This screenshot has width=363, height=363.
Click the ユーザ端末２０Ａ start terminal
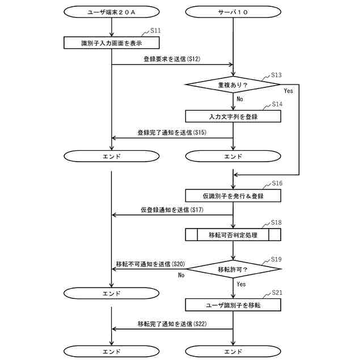[x=111, y=11]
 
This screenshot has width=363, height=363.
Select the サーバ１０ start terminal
[x=233, y=11]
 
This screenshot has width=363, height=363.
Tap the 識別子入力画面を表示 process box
[x=111, y=43]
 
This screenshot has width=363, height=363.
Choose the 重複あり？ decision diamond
[x=233, y=85]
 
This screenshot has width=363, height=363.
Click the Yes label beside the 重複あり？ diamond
[x=288, y=91]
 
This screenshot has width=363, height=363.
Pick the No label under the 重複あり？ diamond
[x=239, y=99]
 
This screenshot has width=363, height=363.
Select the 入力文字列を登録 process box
[x=233, y=116]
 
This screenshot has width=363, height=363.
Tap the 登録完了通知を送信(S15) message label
[x=172, y=132]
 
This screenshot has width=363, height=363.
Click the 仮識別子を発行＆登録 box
[x=233, y=196]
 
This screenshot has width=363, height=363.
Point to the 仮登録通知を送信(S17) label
[x=172, y=210]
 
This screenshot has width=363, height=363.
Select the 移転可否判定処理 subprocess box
[x=233, y=235]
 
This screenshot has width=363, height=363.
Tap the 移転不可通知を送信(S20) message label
[x=150, y=264]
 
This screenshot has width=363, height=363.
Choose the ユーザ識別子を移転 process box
[x=233, y=305]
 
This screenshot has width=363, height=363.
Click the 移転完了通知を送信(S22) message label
[x=172, y=324]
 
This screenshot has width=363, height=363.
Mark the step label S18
[x=276, y=222]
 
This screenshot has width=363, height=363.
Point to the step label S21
[x=277, y=292]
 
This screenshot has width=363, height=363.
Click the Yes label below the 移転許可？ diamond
[x=241, y=284]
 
